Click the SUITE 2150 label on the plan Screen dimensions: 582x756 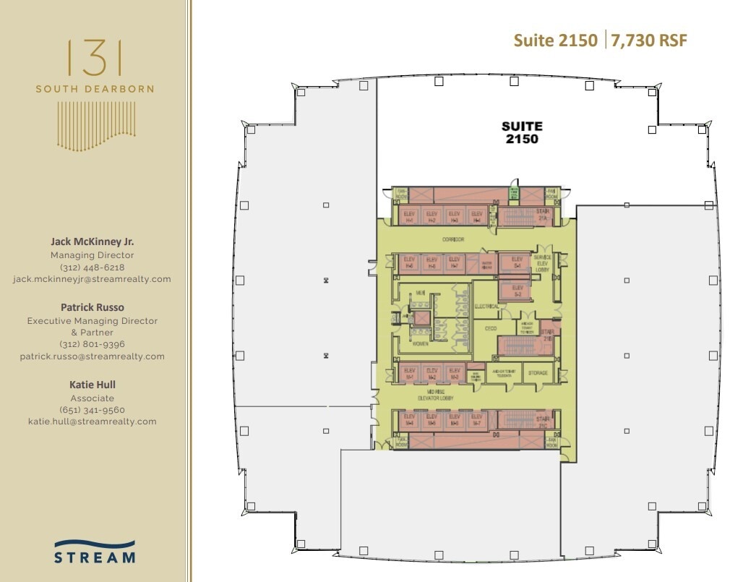click(521, 132)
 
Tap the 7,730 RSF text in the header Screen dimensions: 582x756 click(649, 40)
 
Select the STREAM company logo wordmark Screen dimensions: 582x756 click(95, 557)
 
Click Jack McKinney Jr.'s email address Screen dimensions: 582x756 click(92, 279)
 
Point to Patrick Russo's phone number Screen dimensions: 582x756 click(92, 344)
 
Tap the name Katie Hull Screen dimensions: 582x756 click(92, 385)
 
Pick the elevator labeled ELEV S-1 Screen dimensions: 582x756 click(516, 262)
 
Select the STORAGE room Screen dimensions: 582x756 click(537, 373)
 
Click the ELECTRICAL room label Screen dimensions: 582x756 click(487, 307)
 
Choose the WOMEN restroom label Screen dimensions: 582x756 click(420, 344)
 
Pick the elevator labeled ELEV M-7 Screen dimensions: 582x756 click(476, 419)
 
